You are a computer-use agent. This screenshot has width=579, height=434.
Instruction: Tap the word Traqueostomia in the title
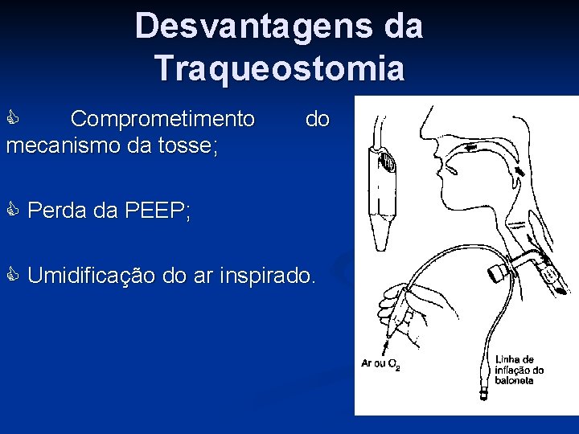tap(281, 68)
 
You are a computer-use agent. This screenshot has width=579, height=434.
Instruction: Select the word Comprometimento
tap(162, 120)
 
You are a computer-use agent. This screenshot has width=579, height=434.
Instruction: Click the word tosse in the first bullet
tap(189, 146)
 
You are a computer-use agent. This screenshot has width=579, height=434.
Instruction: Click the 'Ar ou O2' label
tap(380, 364)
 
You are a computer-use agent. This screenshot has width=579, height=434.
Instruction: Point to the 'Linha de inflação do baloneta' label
tap(519, 370)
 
